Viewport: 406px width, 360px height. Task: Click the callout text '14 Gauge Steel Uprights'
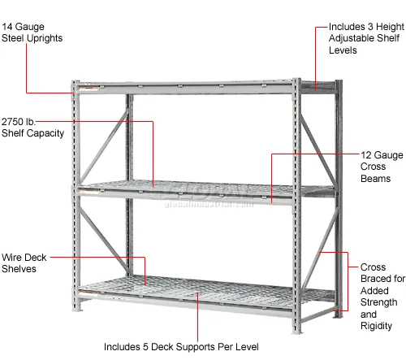coord(33,32)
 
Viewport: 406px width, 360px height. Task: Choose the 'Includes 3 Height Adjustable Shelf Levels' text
coord(363,38)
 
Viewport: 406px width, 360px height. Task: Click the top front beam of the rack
coord(184,85)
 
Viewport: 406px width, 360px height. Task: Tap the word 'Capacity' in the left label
coord(44,132)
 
